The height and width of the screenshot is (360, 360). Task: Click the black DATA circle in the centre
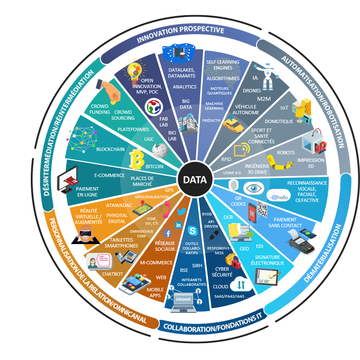194,180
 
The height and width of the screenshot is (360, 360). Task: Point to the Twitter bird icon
182,212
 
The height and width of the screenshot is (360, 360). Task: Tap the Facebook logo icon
167,233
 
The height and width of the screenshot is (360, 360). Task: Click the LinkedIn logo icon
178,225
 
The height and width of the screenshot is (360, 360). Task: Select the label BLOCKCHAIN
110,149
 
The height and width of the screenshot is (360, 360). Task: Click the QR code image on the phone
262,209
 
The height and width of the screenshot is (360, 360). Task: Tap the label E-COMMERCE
109,175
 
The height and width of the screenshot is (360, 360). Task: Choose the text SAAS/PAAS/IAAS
229,296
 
